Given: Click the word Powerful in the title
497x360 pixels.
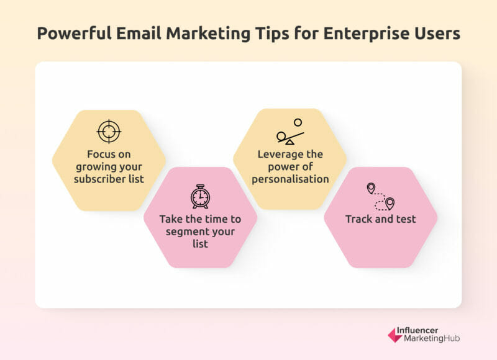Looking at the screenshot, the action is [x=75, y=34].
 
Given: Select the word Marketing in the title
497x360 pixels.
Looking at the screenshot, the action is [x=208, y=34].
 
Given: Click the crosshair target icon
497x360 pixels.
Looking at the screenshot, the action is [x=109, y=131].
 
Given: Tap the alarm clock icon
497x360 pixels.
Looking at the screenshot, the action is [x=200, y=197].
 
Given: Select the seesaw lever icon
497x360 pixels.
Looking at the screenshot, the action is [x=290, y=138].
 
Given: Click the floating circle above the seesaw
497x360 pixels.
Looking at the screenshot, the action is [x=298, y=122].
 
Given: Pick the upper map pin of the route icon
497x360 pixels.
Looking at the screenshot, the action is [x=371, y=188].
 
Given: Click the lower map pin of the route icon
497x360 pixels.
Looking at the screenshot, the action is [x=390, y=203].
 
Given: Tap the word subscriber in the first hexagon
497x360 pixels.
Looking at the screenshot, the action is [x=99, y=179].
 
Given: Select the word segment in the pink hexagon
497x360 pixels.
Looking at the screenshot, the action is [x=187, y=232].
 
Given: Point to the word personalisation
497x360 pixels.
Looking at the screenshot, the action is [x=290, y=179].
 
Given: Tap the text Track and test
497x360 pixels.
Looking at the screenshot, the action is [x=380, y=219].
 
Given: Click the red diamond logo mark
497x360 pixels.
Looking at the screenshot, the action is [x=395, y=335].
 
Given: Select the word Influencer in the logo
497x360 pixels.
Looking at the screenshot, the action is [x=417, y=330].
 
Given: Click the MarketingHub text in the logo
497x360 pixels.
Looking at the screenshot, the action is [x=432, y=338].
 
